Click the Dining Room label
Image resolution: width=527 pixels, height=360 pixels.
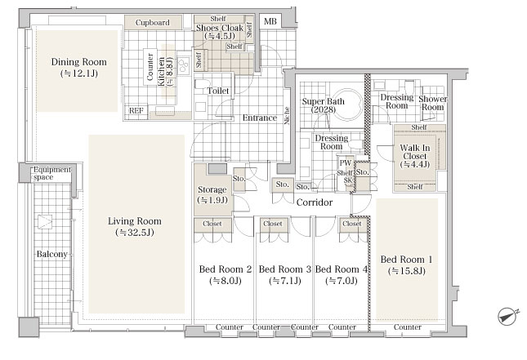[79, 62]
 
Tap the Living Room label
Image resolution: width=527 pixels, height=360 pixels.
[135, 221]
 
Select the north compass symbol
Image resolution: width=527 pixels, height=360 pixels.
[508, 317]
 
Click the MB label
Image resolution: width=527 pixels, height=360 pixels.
[270, 22]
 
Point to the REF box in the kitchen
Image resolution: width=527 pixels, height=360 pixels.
[136, 110]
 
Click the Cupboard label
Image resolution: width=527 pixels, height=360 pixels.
[152, 23]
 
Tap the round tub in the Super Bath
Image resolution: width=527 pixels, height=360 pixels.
[347, 104]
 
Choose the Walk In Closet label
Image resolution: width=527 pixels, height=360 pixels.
[415, 152]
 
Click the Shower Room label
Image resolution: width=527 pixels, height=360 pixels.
[432, 103]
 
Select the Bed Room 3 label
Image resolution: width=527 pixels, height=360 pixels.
[284, 269]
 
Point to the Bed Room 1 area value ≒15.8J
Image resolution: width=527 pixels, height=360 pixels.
[407, 271]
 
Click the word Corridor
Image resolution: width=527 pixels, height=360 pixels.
[315, 202]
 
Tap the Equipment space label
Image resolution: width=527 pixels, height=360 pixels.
[52, 173]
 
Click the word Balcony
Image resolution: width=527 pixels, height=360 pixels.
[52, 254]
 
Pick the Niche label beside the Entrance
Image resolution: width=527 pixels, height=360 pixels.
[287, 116]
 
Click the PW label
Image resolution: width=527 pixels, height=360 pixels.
[345, 163]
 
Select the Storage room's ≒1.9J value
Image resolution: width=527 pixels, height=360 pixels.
[212, 201]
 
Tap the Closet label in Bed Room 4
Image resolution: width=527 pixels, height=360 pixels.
[352, 224]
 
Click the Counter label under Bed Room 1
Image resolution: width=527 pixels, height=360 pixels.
[408, 327]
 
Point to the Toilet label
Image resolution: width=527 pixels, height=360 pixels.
[218, 91]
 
